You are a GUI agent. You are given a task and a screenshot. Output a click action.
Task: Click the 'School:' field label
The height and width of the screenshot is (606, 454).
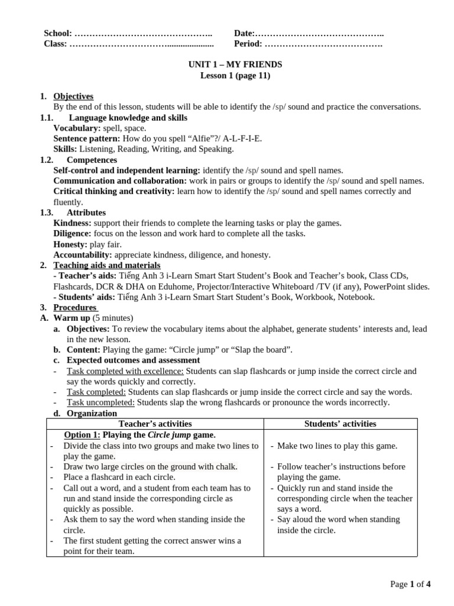(x=58, y=33)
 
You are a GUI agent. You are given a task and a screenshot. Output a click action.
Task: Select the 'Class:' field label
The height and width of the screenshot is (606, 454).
(x=56, y=44)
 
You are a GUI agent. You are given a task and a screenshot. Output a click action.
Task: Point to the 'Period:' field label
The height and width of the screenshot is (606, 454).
(x=248, y=44)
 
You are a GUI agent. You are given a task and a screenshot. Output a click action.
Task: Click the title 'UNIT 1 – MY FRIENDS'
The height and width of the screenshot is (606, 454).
(x=235, y=65)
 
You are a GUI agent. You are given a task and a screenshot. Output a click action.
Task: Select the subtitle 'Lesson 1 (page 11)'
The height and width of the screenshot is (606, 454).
(x=235, y=75)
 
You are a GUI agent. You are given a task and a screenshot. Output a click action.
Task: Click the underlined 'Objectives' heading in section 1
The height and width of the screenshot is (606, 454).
(x=73, y=96)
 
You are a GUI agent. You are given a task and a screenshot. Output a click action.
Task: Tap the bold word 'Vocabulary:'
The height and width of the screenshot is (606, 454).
(x=77, y=128)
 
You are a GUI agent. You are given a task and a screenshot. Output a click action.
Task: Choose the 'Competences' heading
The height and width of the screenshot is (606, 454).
(x=92, y=160)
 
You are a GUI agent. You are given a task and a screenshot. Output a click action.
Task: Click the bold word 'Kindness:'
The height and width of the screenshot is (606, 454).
(x=73, y=223)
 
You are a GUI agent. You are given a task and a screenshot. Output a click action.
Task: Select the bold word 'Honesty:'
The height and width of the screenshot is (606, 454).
(x=70, y=244)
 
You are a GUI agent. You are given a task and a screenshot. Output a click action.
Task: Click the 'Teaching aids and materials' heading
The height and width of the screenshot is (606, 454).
(x=106, y=265)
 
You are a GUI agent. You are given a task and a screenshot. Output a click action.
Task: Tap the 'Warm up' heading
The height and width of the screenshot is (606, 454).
(x=72, y=318)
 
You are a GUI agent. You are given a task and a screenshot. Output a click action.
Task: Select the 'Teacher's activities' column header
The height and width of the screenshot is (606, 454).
(x=155, y=424)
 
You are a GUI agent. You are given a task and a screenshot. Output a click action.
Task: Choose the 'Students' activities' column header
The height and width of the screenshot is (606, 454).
(x=340, y=424)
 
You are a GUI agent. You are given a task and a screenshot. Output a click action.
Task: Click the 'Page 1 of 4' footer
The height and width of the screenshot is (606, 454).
(x=410, y=585)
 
